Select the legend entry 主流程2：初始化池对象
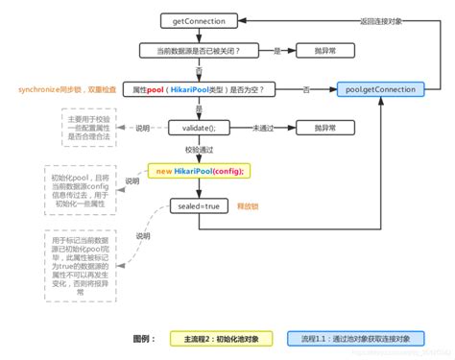click(x=218, y=338)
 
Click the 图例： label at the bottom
click(x=147, y=338)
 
